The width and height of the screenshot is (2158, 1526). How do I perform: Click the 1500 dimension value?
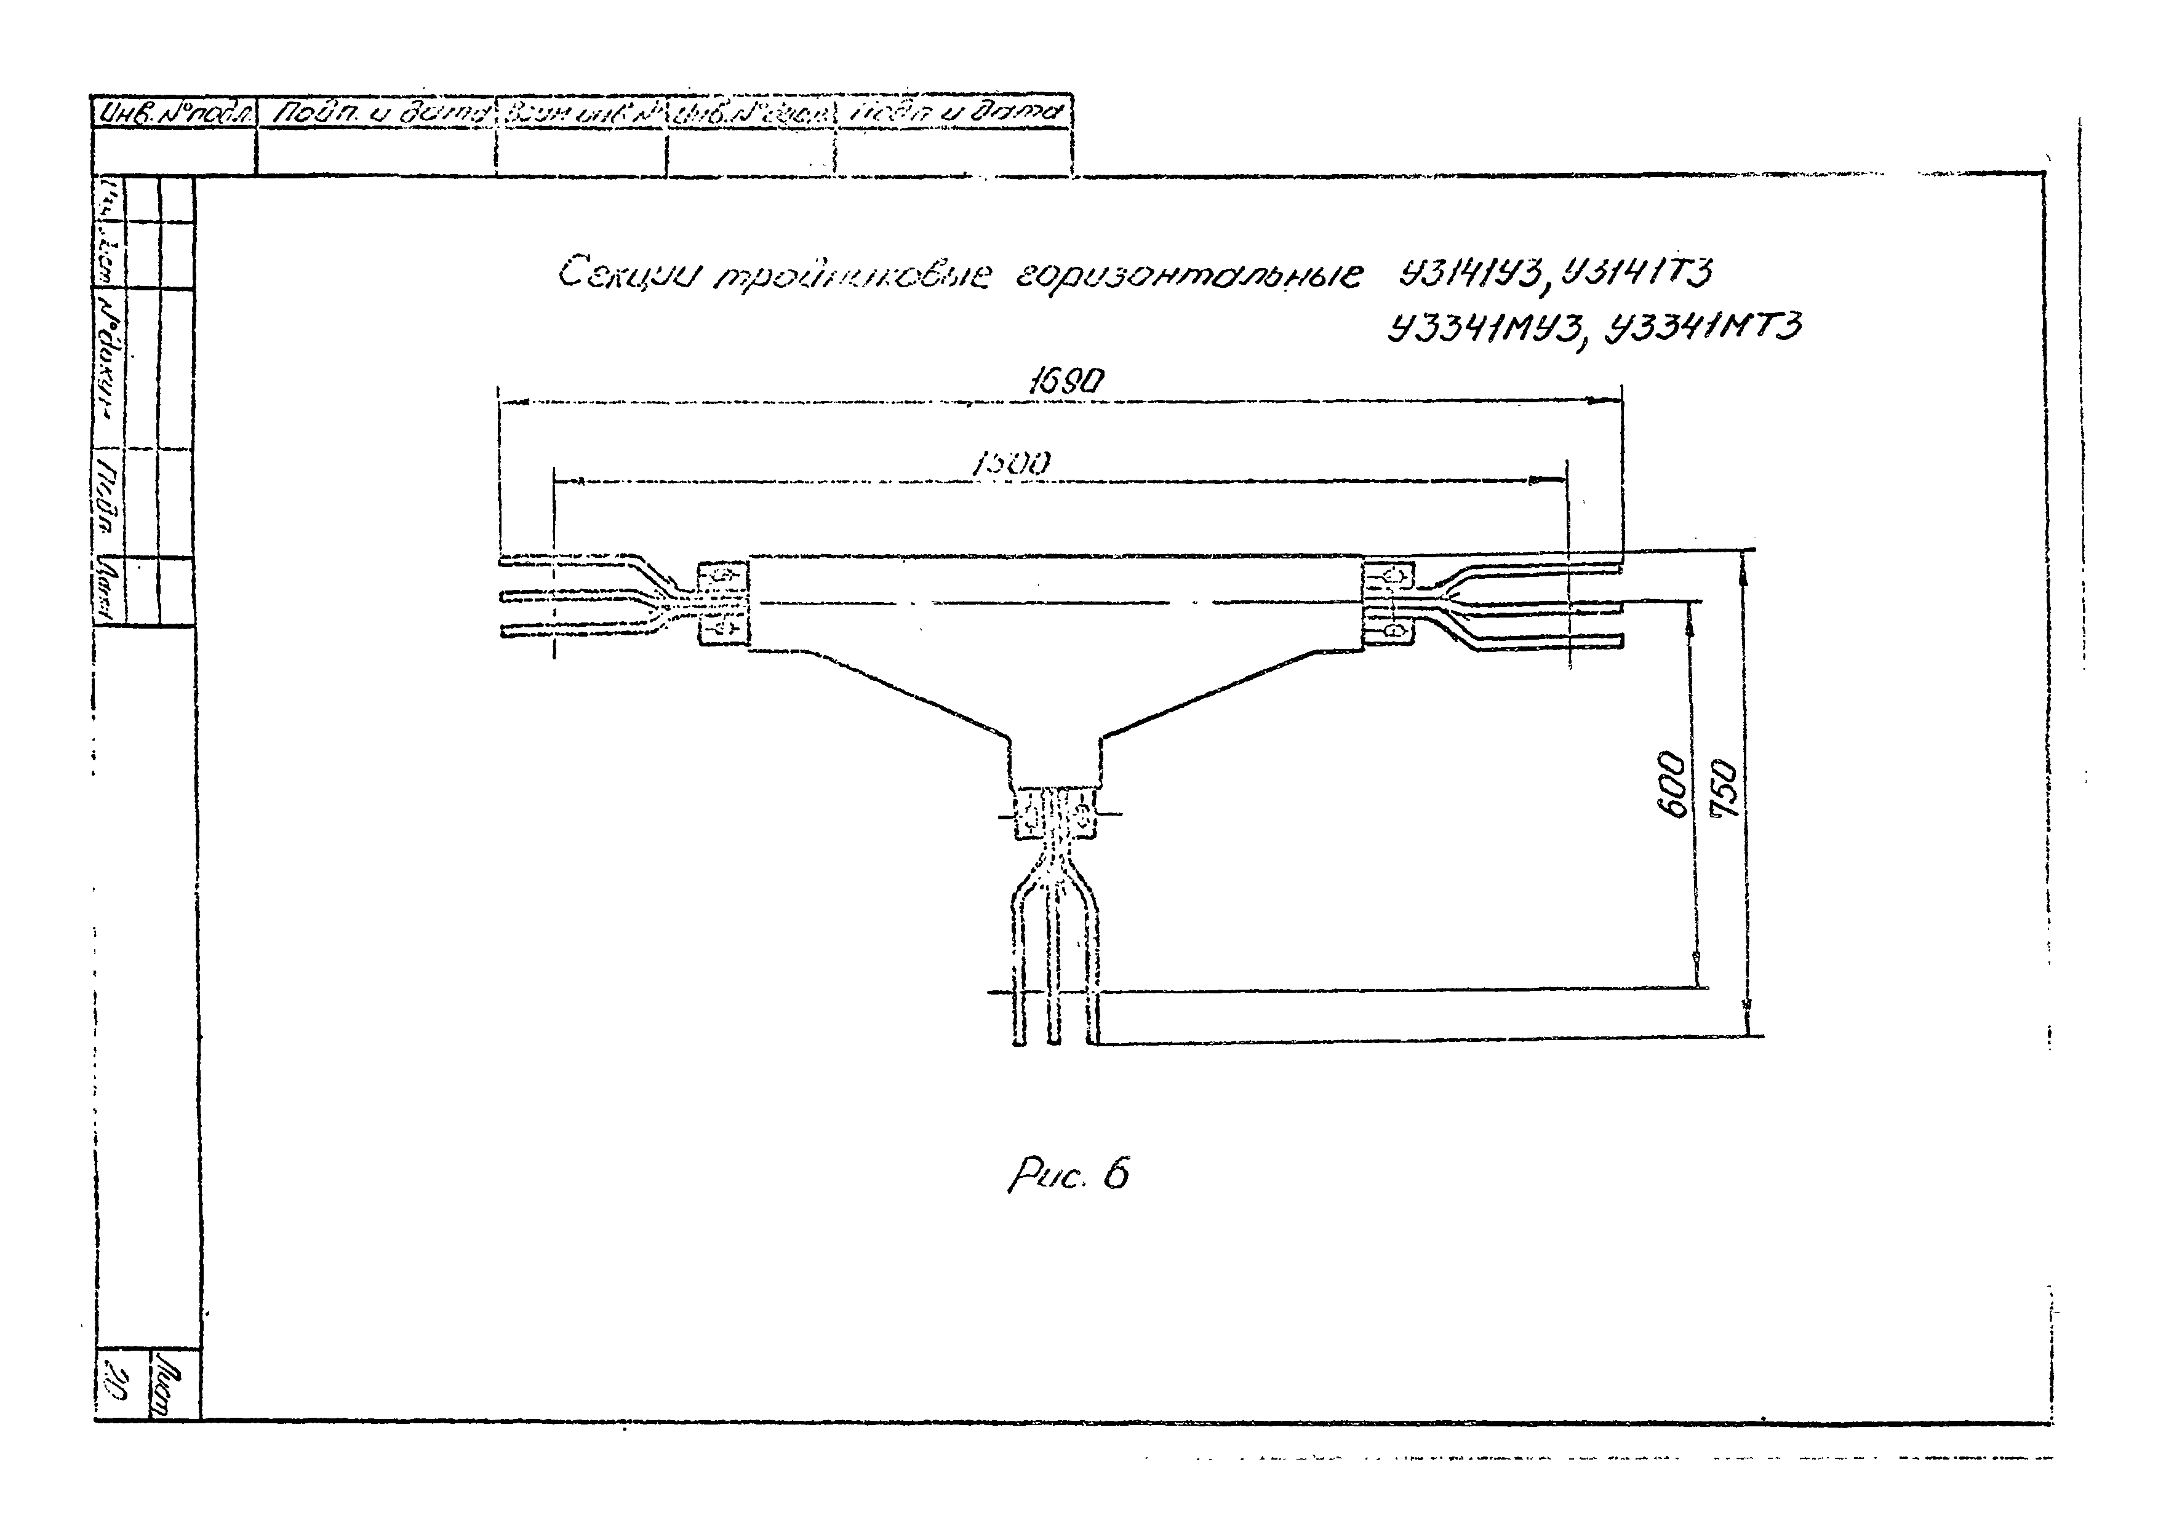[x=1012, y=463]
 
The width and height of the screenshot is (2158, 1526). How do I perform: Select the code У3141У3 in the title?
[x=1473, y=274]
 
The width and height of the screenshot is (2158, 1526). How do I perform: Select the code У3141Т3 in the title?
[x=1638, y=272]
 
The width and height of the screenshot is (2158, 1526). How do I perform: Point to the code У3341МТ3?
[x=1703, y=328]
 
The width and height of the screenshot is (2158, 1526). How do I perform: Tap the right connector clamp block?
[x=1389, y=602]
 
